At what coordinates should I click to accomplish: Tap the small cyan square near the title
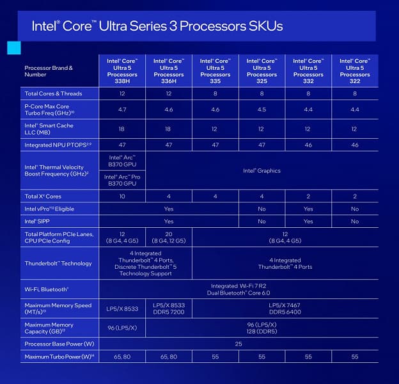click(x=13, y=48)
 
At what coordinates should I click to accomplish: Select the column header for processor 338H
click(x=121, y=70)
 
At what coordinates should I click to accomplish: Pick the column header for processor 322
click(x=355, y=70)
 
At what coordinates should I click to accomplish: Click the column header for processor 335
click(x=215, y=70)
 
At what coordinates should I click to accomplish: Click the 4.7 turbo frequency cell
click(x=121, y=109)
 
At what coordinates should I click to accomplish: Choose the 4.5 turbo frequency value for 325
click(x=262, y=109)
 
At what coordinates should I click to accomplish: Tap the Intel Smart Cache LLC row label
click(x=49, y=129)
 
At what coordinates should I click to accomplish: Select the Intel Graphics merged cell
click(x=262, y=171)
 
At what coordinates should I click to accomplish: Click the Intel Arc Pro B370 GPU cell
click(x=121, y=180)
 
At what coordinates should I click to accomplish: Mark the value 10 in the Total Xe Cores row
click(x=121, y=196)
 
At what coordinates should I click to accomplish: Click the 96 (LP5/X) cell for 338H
click(x=121, y=328)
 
